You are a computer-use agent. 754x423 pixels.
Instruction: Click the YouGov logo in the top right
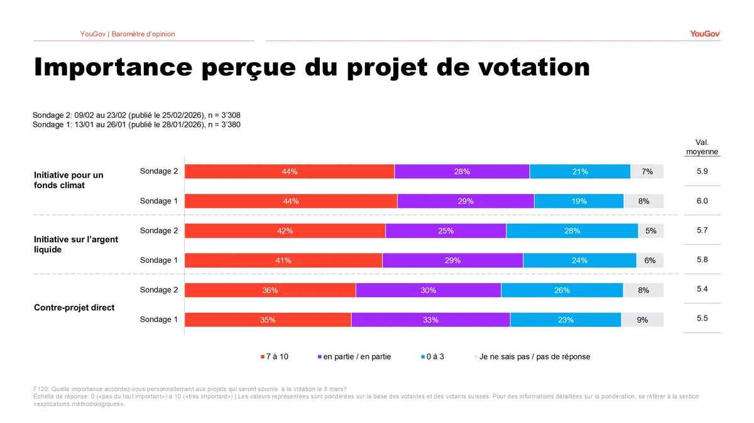click(704, 34)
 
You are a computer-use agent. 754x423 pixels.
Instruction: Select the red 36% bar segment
click(270, 290)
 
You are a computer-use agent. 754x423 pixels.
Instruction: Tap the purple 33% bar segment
click(430, 319)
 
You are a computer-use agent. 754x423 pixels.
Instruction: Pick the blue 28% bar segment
click(572, 231)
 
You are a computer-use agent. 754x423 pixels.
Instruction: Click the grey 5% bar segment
click(651, 231)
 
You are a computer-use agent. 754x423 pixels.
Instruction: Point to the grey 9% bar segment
click(642, 319)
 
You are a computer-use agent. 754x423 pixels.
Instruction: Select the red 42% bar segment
click(285, 231)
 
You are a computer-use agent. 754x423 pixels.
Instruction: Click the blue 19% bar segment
click(579, 201)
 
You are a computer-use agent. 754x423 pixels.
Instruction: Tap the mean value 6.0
click(702, 201)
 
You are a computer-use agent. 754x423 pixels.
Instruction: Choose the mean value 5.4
click(702, 289)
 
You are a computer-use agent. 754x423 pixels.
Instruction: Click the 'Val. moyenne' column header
click(702, 147)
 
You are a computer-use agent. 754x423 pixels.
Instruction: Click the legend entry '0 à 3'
click(434, 356)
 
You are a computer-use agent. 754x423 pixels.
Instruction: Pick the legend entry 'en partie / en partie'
click(356, 356)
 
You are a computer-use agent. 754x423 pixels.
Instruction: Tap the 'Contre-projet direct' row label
click(74, 308)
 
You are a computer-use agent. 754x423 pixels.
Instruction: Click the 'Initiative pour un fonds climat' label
click(68, 180)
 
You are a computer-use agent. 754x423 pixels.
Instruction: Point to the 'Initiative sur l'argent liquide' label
click(76, 244)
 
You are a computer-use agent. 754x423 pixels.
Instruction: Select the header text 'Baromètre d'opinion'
click(143, 34)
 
